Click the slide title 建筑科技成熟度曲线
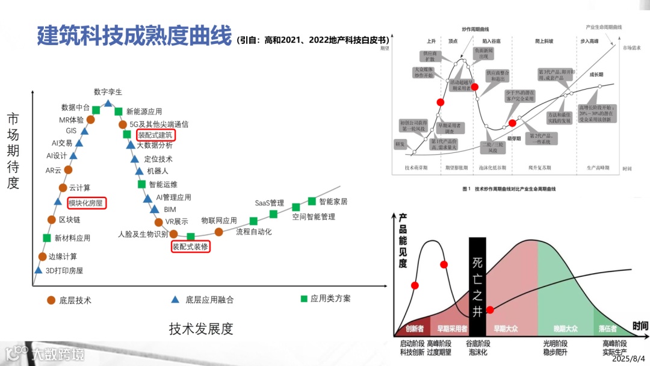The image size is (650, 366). (x=134, y=36)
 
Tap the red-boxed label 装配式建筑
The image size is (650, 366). (x=155, y=135)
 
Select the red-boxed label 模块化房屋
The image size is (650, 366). (x=87, y=203)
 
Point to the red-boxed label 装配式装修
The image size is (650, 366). (x=190, y=246)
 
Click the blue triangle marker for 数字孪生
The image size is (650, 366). (x=108, y=104)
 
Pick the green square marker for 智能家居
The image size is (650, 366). (x=312, y=201)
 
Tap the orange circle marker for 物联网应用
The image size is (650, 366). (x=219, y=232)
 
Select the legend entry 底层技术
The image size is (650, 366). (x=75, y=300)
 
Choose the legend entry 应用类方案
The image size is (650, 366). (x=330, y=299)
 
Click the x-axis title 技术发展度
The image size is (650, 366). (x=201, y=329)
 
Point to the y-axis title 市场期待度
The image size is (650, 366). (x=13, y=150)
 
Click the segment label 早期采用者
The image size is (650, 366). (x=452, y=329)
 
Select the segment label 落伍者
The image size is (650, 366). (x=607, y=329)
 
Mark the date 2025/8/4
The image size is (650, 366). (x=630, y=358)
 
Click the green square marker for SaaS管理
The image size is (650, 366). (x=273, y=214)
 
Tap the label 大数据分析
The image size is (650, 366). (x=155, y=145)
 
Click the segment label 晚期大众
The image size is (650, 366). (x=565, y=329)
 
